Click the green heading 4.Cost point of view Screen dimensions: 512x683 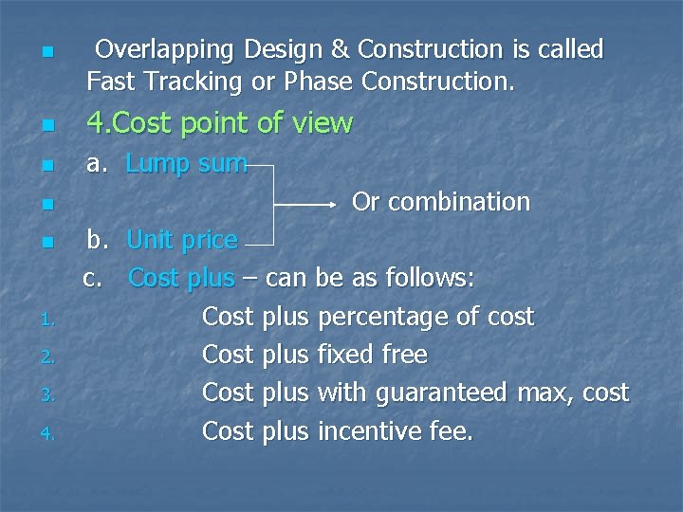click(x=219, y=123)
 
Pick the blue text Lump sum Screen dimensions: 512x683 click(x=186, y=164)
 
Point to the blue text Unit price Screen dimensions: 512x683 click(x=181, y=241)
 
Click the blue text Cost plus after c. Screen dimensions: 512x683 click(x=181, y=279)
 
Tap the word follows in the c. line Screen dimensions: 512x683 click(x=430, y=279)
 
